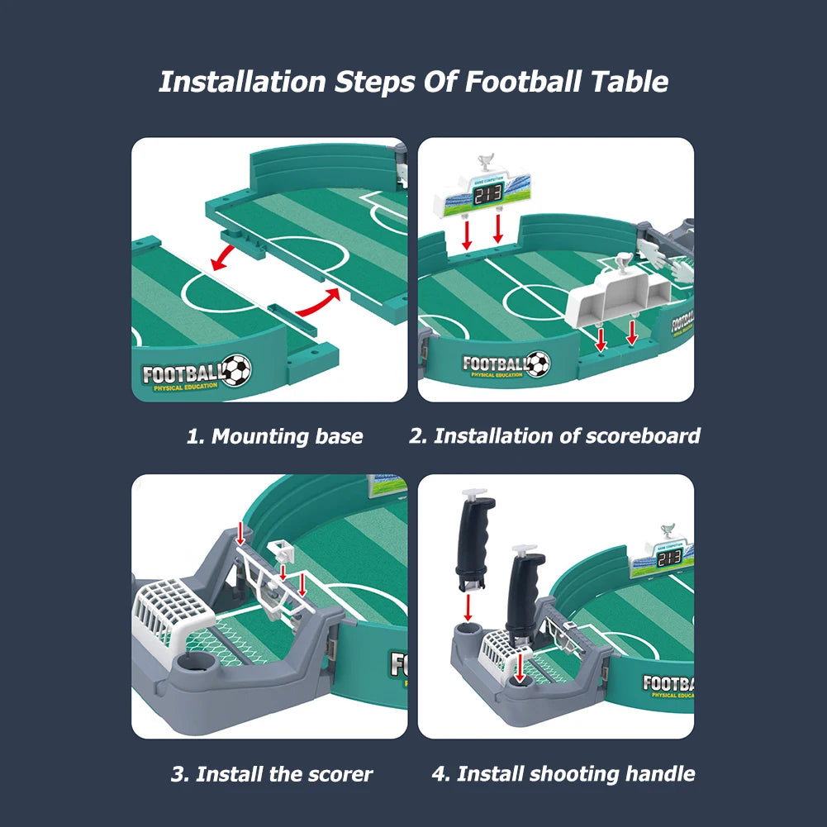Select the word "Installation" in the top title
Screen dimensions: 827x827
(x=242, y=82)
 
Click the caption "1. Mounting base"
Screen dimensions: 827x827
(x=274, y=436)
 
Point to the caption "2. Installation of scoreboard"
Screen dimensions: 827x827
(x=554, y=435)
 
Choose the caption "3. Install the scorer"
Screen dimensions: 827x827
(x=272, y=774)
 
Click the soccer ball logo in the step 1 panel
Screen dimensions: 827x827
(x=236, y=370)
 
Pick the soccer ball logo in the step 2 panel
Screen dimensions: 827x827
(x=538, y=364)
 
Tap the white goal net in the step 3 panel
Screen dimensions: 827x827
(x=173, y=607)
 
